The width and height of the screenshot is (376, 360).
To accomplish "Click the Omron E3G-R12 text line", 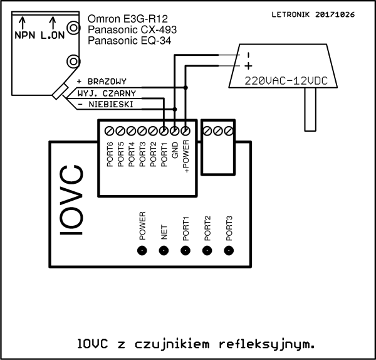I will coord(128,19).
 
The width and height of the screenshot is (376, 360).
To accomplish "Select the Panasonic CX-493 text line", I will coord(131,30).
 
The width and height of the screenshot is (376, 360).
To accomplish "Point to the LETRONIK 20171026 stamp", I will coord(313,14).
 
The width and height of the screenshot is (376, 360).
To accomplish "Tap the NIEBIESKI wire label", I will coord(109,104).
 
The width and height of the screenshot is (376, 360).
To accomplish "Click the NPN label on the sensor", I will coord(26,36).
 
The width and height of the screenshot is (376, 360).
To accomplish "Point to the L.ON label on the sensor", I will coord(53,36).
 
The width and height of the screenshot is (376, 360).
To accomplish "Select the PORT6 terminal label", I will coord(110,155).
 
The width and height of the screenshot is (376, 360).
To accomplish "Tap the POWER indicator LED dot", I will coord(142,250).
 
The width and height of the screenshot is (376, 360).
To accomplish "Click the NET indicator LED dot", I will coord(164,250).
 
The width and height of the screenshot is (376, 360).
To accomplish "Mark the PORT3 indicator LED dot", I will coord(229,250).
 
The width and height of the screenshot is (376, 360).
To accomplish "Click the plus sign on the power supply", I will coord(248,66).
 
